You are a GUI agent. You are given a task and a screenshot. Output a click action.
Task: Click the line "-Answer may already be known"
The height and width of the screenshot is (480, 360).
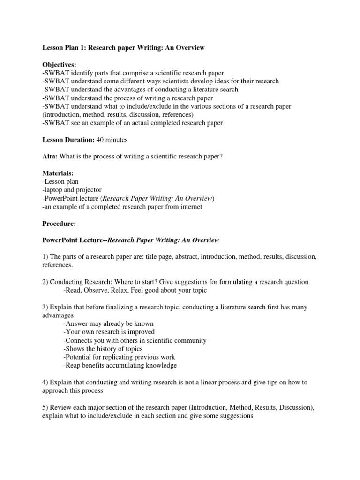pyautogui.click(x=108, y=323)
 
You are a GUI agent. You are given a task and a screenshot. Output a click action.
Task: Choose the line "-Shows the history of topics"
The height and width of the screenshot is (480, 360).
pyautogui.click(x=103, y=349)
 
